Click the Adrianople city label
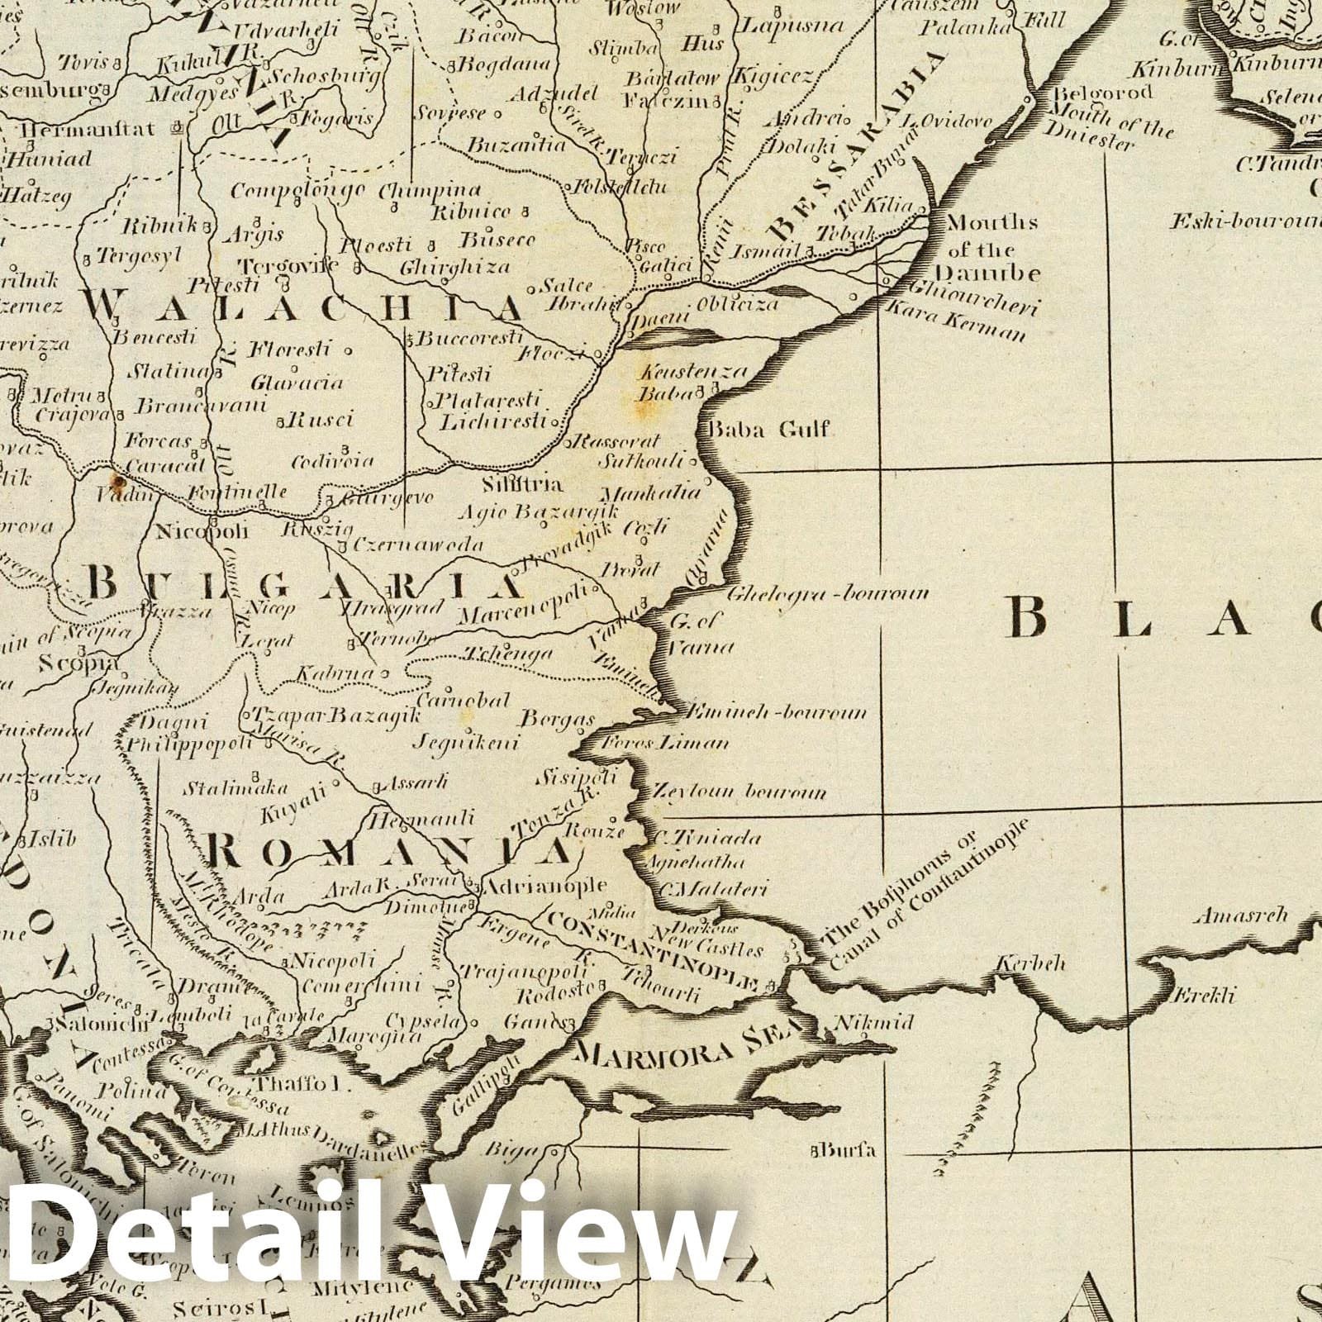point(544,887)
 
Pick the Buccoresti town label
point(470,338)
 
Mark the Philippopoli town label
point(186,743)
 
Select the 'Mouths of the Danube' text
point(987,248)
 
